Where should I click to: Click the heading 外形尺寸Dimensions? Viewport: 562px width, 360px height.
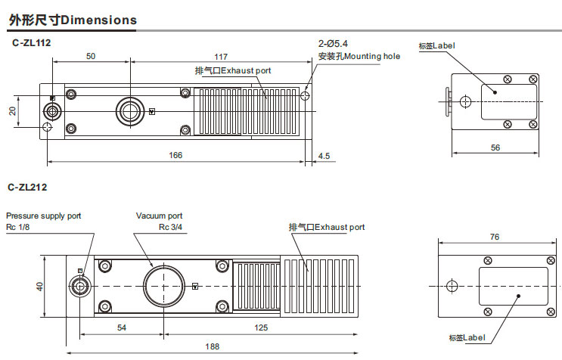point(73,20)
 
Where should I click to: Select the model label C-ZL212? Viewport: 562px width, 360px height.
point(29,186)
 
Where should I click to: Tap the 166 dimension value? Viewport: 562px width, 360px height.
point(175,155)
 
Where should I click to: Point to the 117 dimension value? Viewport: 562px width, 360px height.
point(221,57)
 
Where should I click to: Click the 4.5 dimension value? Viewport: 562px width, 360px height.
point(324,156)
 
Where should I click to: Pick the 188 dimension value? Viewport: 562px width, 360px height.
point(213,346)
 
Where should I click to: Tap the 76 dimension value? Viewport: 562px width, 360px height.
point(494,237)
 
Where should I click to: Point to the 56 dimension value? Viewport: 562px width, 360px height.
point(495,147)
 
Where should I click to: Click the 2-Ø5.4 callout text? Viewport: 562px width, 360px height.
point(334,44)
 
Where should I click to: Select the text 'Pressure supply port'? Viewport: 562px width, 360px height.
point(43,216)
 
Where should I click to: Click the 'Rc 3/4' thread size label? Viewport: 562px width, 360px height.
point(170,226)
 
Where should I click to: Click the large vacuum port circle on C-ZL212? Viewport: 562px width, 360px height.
point(164,286)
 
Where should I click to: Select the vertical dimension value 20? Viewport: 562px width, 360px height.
point(13,110)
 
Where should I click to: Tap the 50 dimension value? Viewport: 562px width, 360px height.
point(90,57)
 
